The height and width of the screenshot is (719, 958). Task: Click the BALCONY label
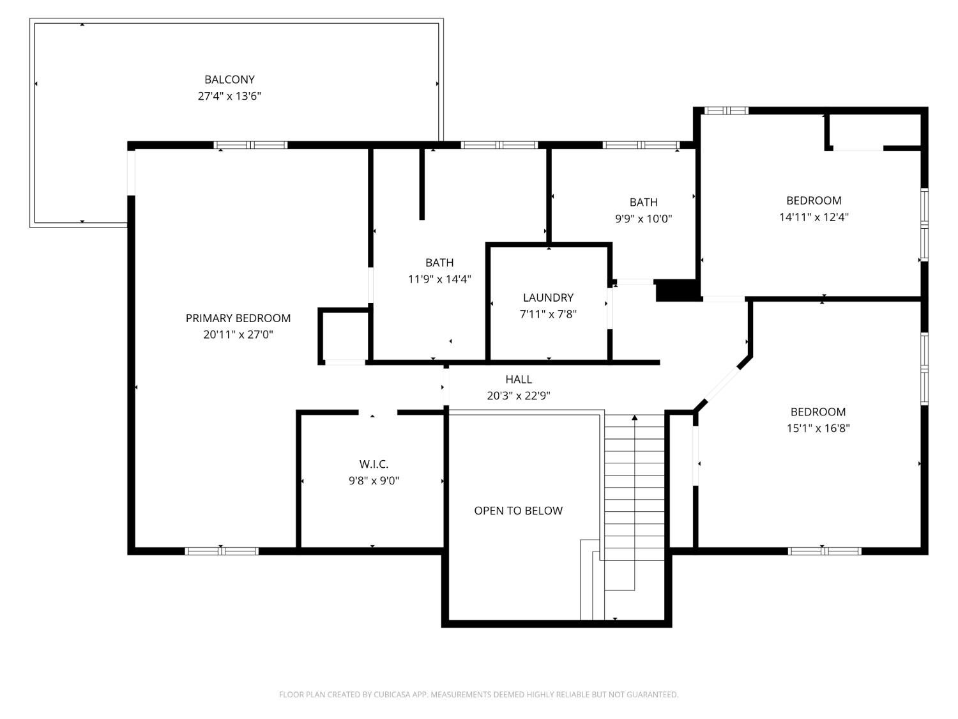(x=229, y=79)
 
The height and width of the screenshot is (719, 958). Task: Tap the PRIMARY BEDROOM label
(x=238, y=318)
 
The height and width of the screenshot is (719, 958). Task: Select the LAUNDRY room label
(x=548, y=298)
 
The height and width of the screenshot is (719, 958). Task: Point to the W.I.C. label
(x=374, y=463)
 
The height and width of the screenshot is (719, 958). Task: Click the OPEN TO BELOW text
(x=518, y=511)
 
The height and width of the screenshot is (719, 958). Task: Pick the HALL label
(x=519, y=380)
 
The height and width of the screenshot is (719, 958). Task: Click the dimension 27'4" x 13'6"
(x=229, y=96)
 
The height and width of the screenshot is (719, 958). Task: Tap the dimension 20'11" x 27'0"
(x=238, y=335)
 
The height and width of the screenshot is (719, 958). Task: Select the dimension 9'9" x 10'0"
(x=643, y=219)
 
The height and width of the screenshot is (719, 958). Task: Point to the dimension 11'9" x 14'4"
(x=439, y=279)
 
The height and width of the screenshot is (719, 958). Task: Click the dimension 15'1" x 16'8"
(x=818, y=428)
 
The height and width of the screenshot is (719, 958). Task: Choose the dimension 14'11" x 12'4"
(x=814, y=217)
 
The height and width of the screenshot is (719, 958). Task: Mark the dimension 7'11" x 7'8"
(x=548, y=314)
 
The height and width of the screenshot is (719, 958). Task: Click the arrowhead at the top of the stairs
(x=634, y=418)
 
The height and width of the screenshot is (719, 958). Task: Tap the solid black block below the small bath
(x=678, y=290)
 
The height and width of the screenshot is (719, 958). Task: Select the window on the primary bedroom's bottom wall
(x=221, y=552)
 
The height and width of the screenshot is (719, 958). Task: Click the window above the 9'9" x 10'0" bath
(x=641, y=145)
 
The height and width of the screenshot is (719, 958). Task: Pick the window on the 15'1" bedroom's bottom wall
(x=825, y=552)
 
